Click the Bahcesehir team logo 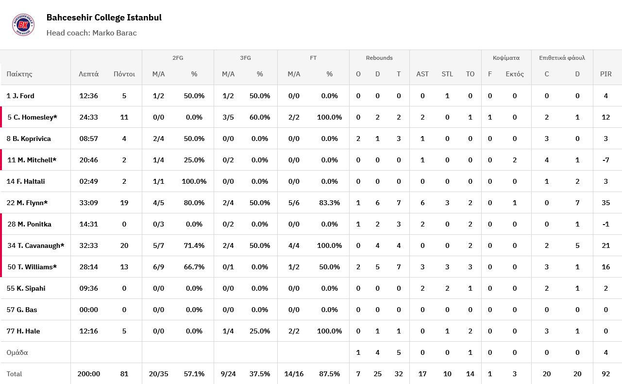(23, 24)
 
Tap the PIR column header (605, 74)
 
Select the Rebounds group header (379, 58)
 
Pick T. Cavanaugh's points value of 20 (124, 245)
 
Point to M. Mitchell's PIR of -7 (605, 160)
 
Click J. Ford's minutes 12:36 (89, 96)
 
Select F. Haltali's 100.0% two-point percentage (194, 181)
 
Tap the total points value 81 (124, 374)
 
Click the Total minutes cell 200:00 (89, 374)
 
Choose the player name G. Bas (27, 310)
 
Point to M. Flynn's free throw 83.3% (329, 203)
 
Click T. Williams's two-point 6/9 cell (158, 267)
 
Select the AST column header (422, 74)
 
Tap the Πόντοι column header (124, 74)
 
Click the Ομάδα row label (17, 352)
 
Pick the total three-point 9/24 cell (228, 374)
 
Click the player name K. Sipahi (31, 288)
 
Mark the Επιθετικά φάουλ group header (562, 58)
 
